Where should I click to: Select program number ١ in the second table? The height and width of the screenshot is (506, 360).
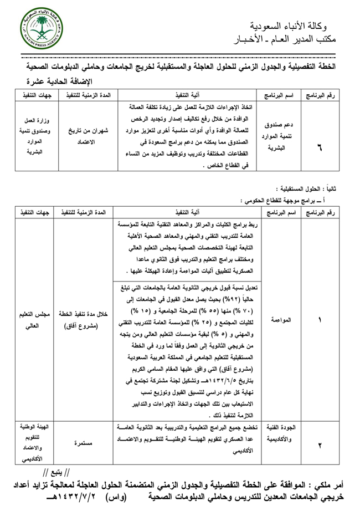(320, 320)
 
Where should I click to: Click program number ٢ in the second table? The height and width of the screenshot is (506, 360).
(320, 444)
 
